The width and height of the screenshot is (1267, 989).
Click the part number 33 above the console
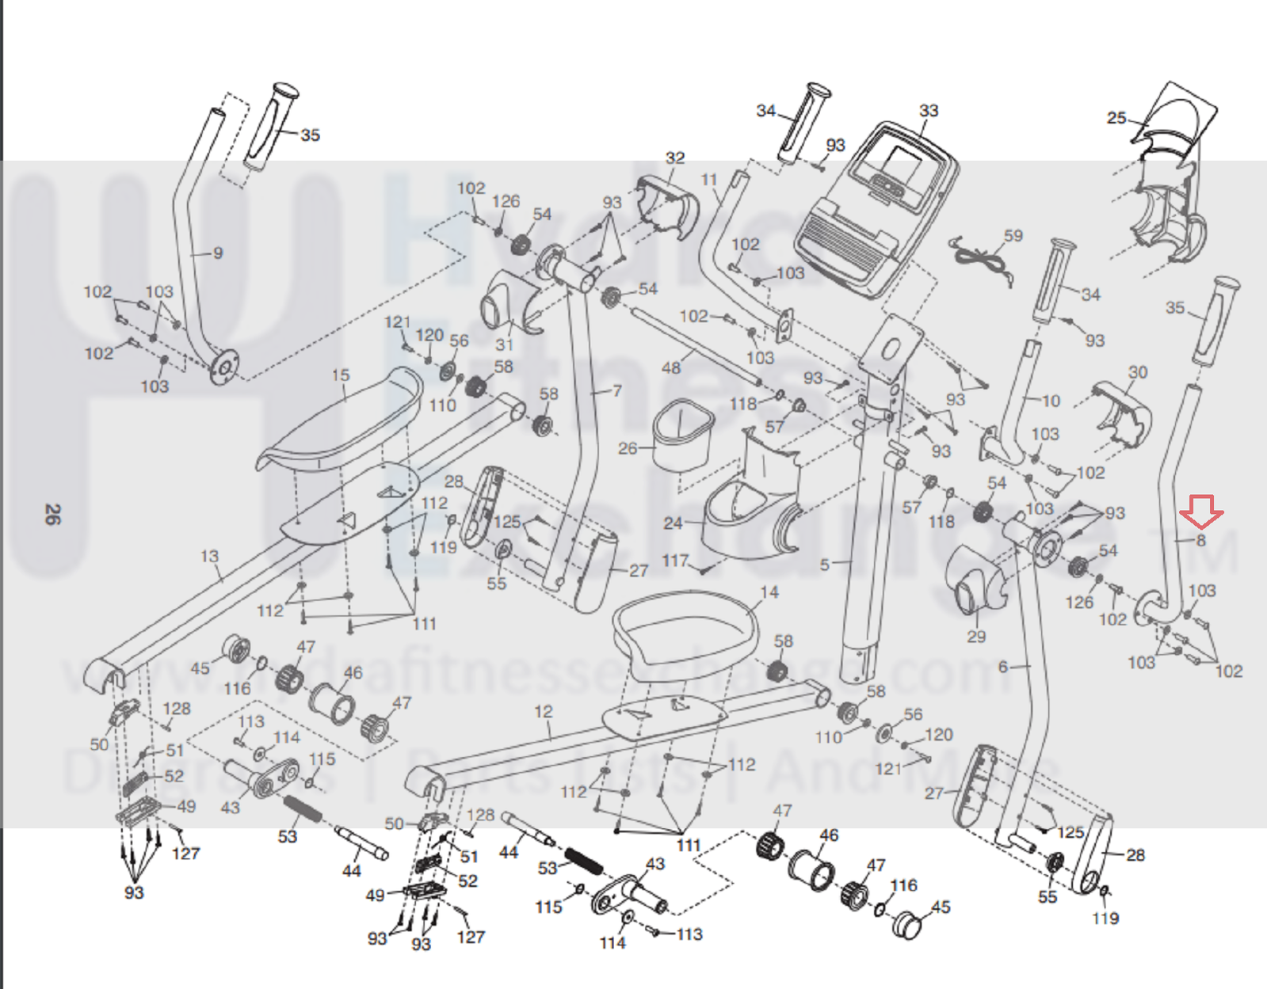tap(929, 111)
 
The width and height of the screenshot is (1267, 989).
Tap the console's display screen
tap(902, 164)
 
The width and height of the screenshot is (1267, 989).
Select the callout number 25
tap(1116, 118)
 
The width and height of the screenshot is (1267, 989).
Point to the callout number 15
tap(341, 375)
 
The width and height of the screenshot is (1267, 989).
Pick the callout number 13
tap(209, 556)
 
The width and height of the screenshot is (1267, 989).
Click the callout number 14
tap(769, 591)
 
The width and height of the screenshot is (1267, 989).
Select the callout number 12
tap(543, 711)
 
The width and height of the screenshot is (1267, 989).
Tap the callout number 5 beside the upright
tap(825, 565)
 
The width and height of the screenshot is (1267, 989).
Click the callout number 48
tap(671, 367)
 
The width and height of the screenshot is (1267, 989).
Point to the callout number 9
tap(218, 253)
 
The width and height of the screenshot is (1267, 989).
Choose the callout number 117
tap(675, 561)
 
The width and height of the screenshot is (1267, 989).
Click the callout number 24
tap(673, 523)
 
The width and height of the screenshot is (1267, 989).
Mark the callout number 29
tap(976, 636)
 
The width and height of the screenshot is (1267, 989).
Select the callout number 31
tap(505, 344)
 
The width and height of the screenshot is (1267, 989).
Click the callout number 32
tap(675, 158)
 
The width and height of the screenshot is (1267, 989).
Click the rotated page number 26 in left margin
tap(52, 515)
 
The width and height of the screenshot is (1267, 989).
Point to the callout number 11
tap(709, 180)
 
